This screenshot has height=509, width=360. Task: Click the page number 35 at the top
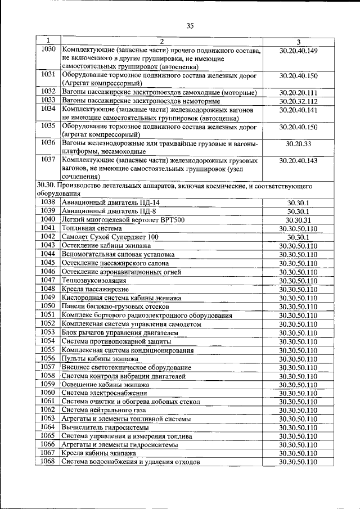pos(189,25)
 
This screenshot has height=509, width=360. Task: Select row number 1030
pos(48,50)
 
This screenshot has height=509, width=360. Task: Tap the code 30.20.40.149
pos(298,51)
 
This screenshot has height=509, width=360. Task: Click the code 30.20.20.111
pos(298,92)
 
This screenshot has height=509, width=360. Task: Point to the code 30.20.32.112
pos(298,101)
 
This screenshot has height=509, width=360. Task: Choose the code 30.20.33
pos(298,144)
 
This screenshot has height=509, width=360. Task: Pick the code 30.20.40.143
pos(298,161)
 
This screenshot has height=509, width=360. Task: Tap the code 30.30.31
pos(298,219)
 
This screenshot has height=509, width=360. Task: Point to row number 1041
pos(48,228)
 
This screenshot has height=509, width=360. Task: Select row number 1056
pos(48,358)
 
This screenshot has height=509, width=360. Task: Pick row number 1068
pos(48,462)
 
